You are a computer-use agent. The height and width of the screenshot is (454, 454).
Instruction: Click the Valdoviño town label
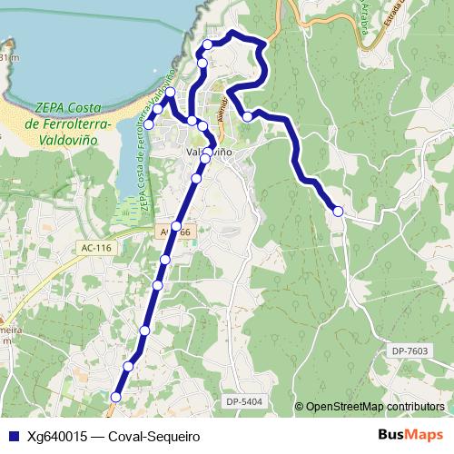click(209, 153)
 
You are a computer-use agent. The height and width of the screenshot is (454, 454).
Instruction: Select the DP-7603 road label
click(410, 351)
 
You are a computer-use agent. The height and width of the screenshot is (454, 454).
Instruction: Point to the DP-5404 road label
click(244, 400)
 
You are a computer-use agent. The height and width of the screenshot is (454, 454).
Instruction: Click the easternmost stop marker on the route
click(338, 211)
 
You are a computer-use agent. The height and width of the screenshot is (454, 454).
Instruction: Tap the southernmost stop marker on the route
click(115, 397)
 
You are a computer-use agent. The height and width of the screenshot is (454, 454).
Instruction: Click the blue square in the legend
click(12, 436)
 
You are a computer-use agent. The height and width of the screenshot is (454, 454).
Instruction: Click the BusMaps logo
click(411, 435)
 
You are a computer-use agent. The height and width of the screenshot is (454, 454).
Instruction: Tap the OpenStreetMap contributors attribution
click(374, 406)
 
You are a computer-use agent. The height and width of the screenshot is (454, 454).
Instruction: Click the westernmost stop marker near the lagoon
click(149, 123)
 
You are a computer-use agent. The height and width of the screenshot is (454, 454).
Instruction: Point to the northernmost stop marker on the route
click(208, 44)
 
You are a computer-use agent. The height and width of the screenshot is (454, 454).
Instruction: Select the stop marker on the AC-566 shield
click(176, 226)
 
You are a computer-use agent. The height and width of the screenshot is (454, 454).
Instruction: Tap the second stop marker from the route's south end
click(128, 366)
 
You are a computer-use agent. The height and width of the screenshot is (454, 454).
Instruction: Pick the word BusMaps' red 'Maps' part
click(425, 435)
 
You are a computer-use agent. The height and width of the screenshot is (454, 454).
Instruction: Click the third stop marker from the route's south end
click(144, 330)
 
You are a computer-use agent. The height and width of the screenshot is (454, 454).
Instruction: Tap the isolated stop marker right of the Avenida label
click(246, 116)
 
